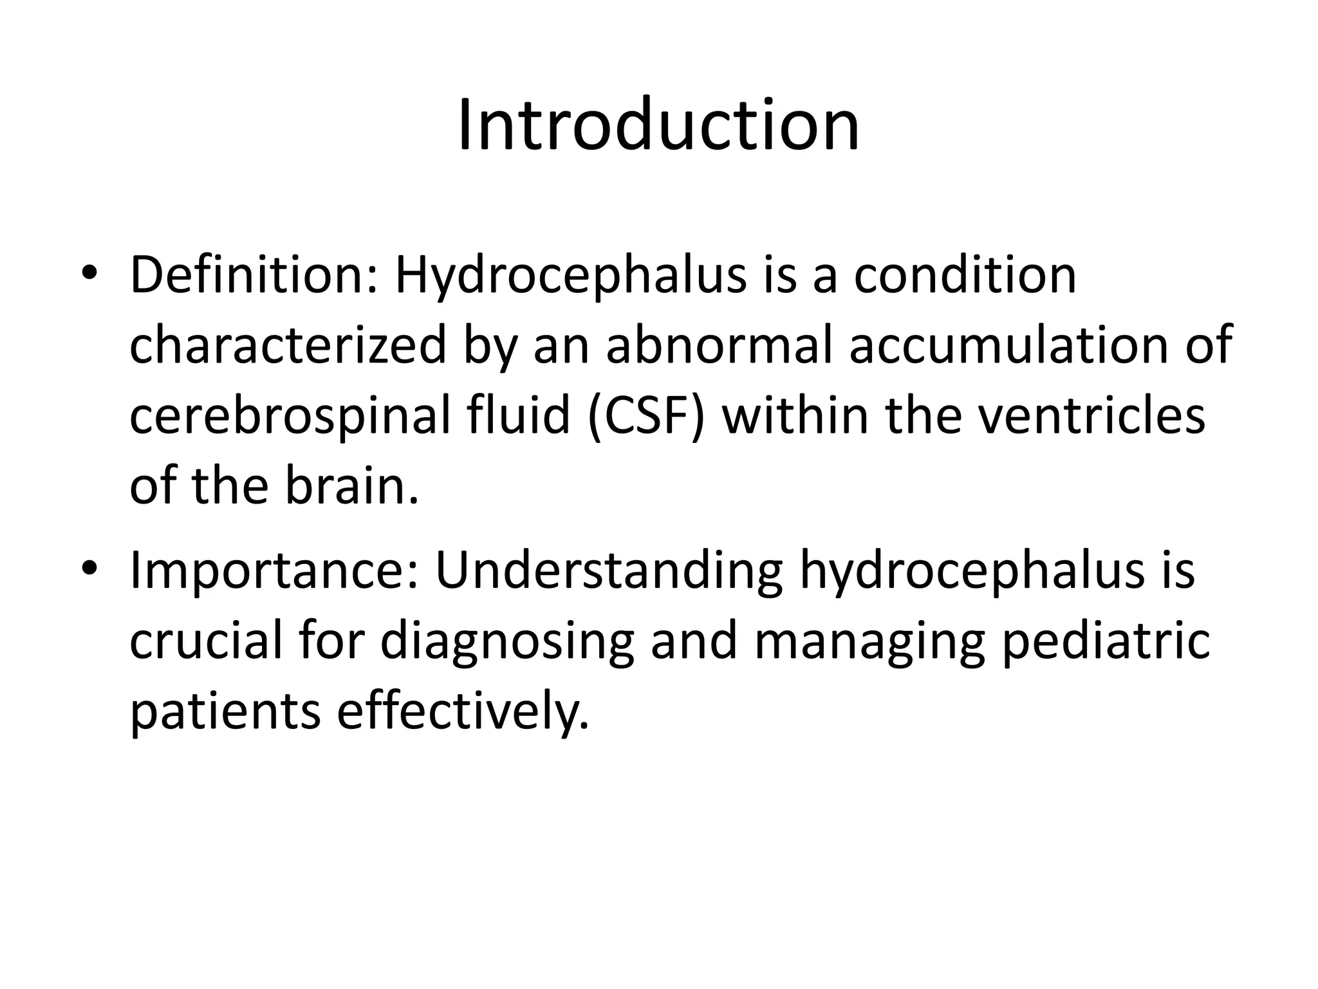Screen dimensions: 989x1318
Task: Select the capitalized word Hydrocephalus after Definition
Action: coord(570,276)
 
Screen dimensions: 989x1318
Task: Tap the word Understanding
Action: coord(609,570)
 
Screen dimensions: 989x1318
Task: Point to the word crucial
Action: coord(207,641)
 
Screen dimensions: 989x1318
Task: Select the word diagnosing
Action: coord(508,641)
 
